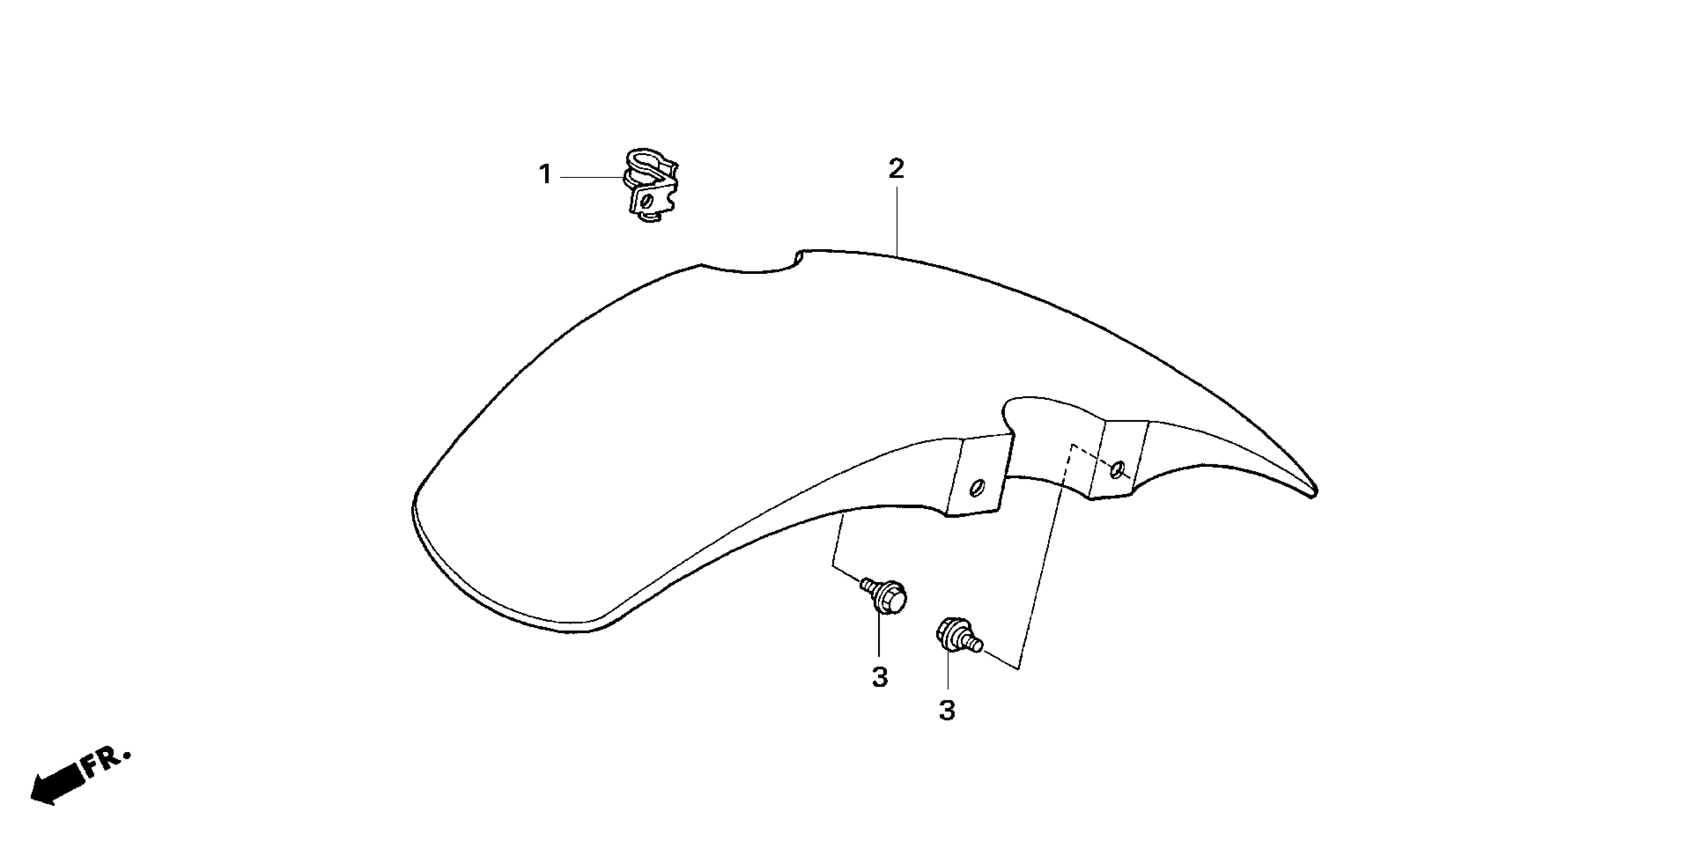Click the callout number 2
coord(896,169)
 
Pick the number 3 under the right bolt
coord(947,710)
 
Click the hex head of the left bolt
coord(890,599)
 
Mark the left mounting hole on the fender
coord(977,489)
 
